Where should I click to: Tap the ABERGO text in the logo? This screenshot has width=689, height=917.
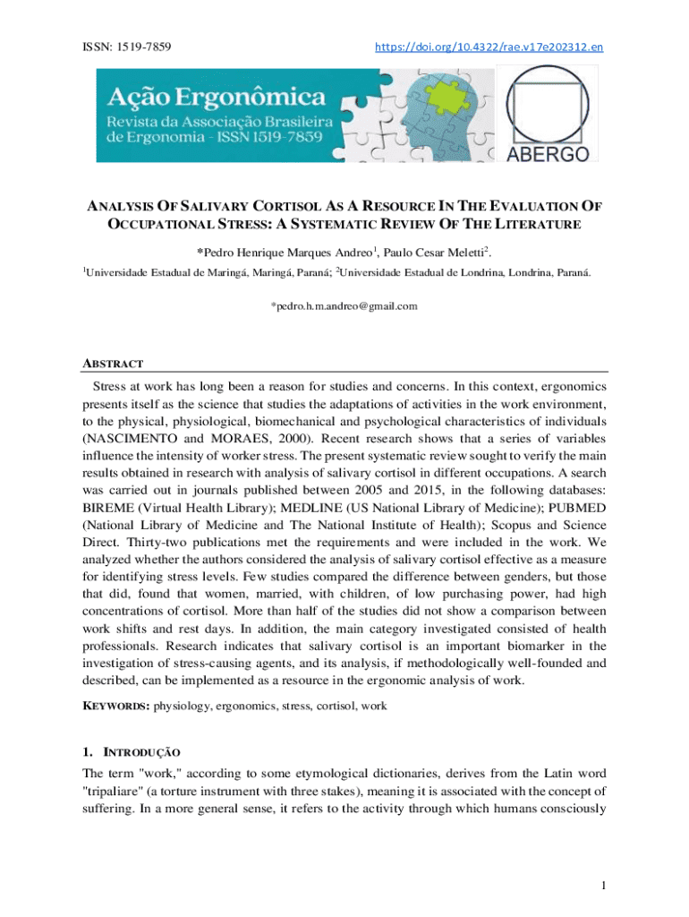pos(548,153)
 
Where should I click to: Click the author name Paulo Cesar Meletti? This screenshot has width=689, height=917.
pos(439,251)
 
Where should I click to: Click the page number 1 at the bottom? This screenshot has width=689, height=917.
pos(605,886)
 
